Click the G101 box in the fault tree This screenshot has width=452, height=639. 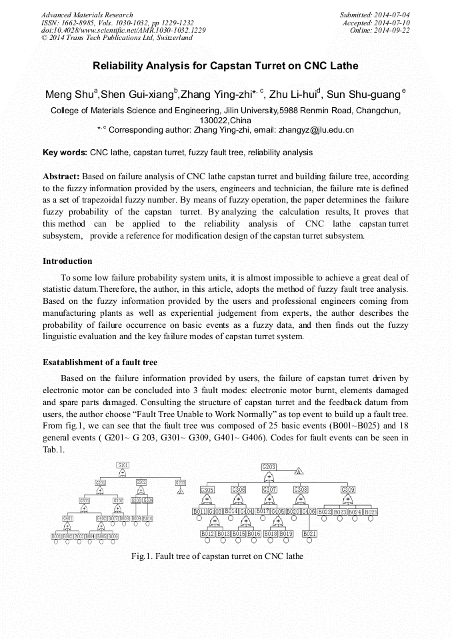point(123,464)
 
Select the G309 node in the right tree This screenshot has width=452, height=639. point(348,490)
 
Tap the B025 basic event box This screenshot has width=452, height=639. point(371,512)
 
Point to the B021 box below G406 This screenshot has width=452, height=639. point(309,534)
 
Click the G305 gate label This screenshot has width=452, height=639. point(207,490)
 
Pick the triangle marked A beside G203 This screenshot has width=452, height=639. point(299,471)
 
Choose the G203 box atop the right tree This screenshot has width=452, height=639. point(269,467)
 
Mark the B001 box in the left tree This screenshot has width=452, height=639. point(57,536)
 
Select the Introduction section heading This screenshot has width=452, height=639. point(67,261)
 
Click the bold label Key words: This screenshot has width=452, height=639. point(65,153)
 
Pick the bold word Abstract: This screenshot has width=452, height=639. point(61,177)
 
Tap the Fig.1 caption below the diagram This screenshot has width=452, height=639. point(218,556)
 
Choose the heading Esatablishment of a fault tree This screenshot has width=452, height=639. point(100,362)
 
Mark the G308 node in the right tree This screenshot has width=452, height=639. point(301,490)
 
